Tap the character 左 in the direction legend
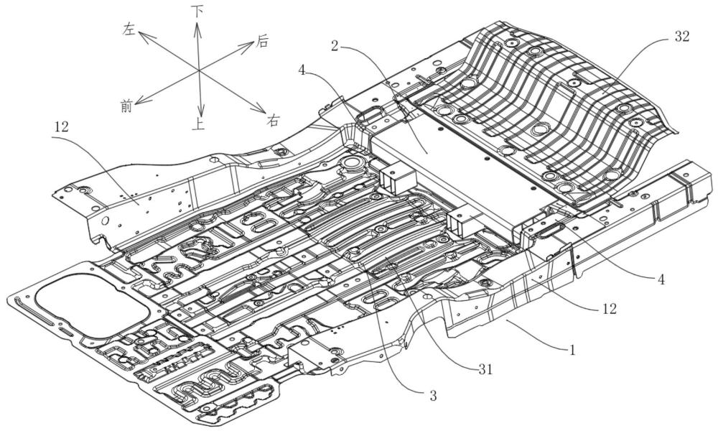pyautogui.click(x=129, y=30)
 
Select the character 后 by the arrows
pyautogui.click(x=261, y=41)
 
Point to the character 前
pyautogui.click(x=126, y=106)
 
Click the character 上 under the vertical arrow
pyautogui.click(x=198, y=124)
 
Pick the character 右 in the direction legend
pyautogui.click(x=274, y=121)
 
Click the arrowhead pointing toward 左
pyautogui.click(x=144, y=36)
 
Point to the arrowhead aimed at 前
pyautogui.click(x=141, y=99)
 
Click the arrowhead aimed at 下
pyautogui.click(x=197, y=29)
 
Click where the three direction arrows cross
pyautogui.click(x=199, y=70)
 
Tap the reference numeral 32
pyautogui.click(x=682, y=37)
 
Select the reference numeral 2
pyautogui.click(x=335, y=46)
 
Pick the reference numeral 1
pyautogui.click(x=572, y=351)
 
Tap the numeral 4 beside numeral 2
pyautogui.click(x=302, y=70)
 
